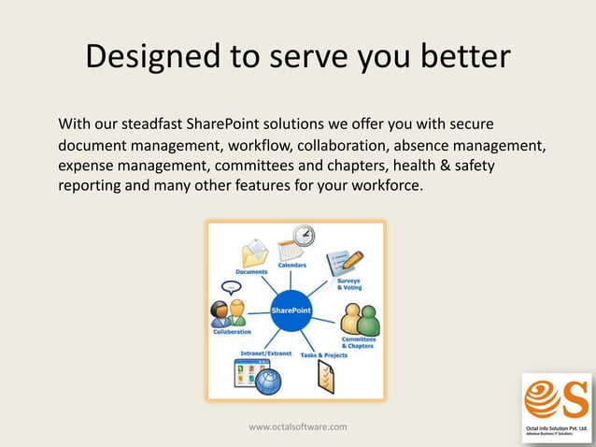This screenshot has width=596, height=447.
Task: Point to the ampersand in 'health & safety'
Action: coord(436,166)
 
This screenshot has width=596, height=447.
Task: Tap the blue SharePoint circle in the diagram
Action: coord(291,310)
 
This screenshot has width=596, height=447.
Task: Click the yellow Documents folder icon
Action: coord(254,253)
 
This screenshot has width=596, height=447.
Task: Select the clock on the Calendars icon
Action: coord(304,236)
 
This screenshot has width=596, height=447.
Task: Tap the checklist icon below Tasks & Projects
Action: coord(323,377)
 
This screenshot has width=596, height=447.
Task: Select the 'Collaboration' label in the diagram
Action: coord(232,332)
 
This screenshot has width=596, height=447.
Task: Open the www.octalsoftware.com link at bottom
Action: coord(297,426)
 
